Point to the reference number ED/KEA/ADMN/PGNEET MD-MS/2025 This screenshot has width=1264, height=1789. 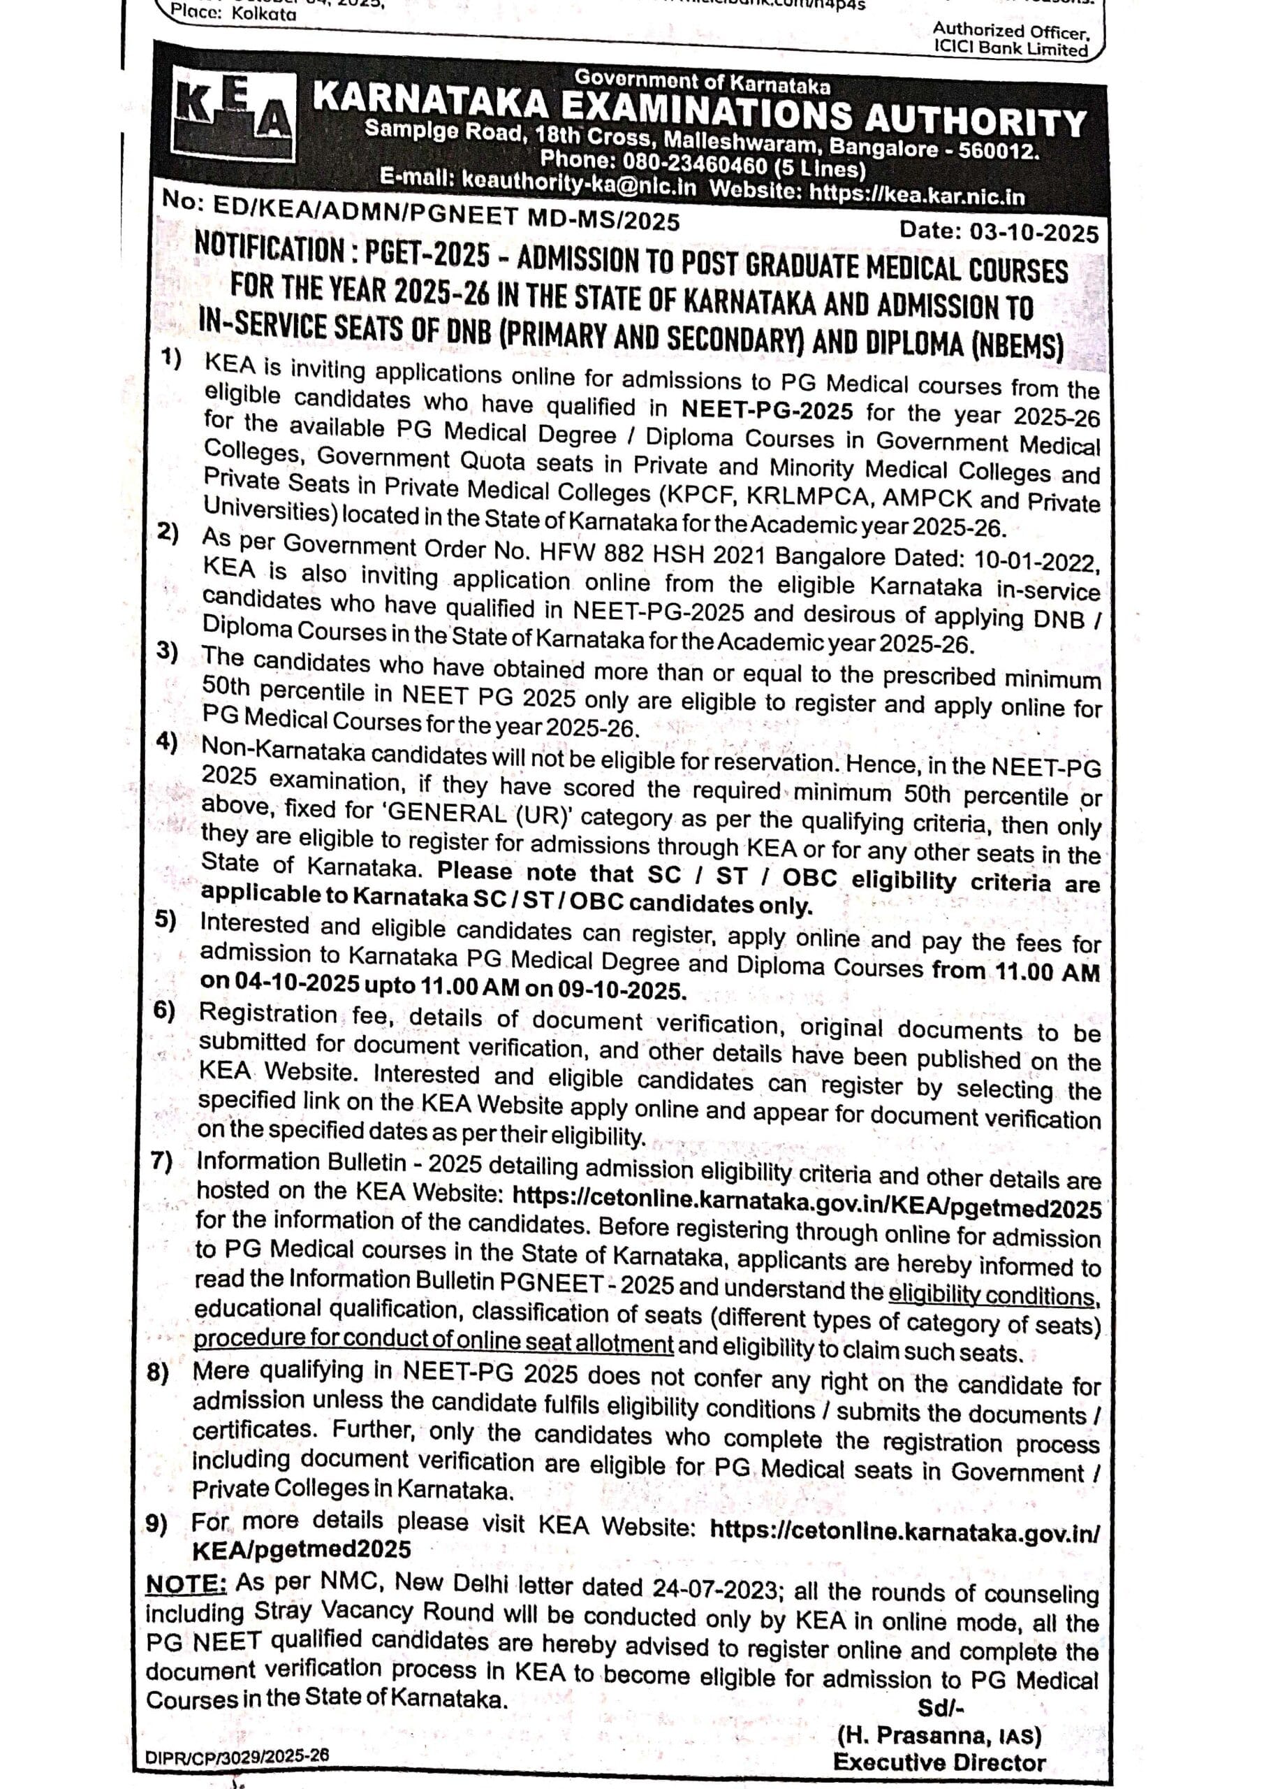443,216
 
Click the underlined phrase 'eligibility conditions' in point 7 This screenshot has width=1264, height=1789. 994,1295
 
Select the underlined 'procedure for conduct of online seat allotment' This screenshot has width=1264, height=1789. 433,1341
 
